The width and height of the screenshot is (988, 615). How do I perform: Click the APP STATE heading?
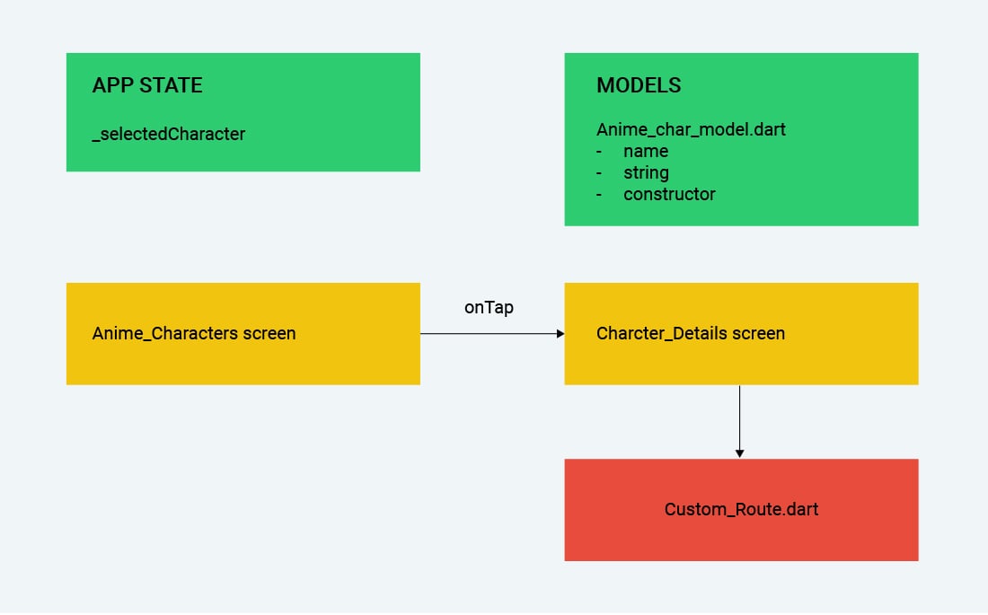pos(147,85)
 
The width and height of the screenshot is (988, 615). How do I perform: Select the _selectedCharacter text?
pos(168,134)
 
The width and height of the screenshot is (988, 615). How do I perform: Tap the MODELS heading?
pos(639,85)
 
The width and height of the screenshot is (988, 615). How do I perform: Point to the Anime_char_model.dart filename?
pos(691,130)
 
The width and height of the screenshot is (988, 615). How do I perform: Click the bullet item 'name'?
pos(646,151)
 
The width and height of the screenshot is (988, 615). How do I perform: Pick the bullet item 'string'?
pos(646,172)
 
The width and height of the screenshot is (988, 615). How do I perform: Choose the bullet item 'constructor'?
pos(669,194)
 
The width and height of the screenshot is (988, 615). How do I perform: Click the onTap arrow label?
pos(489,307)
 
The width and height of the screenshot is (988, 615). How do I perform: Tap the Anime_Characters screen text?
pos(193,333)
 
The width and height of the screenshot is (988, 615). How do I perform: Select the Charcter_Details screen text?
pos(691,333)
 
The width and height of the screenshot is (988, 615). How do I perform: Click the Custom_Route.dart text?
pos(741,509)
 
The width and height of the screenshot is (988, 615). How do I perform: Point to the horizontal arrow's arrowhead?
pos(560,333)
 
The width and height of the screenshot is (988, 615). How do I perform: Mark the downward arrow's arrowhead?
pos(740,453)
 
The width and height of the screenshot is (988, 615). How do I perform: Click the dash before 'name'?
pos(598,152)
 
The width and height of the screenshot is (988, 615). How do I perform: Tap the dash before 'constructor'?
pos(598,195)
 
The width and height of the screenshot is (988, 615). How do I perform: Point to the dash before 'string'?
pos(598,173)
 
